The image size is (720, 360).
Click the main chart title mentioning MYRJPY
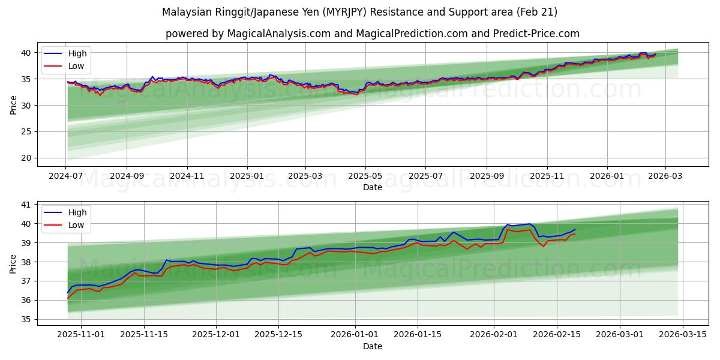[x=359, y=12]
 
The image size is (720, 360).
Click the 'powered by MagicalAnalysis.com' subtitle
[x=372, y=34]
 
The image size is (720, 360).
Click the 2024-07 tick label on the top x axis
[x=66, y=176]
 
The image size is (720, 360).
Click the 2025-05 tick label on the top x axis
[x=365, y=176]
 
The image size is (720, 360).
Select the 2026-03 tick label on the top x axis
[x=665, y=176]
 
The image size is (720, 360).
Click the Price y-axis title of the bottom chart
[x=13, y=263]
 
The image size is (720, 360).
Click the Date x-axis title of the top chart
[x=372, y=187]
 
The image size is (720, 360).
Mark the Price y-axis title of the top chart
[x=13, y=104]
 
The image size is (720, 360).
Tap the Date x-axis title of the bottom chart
[x=372, y=346]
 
